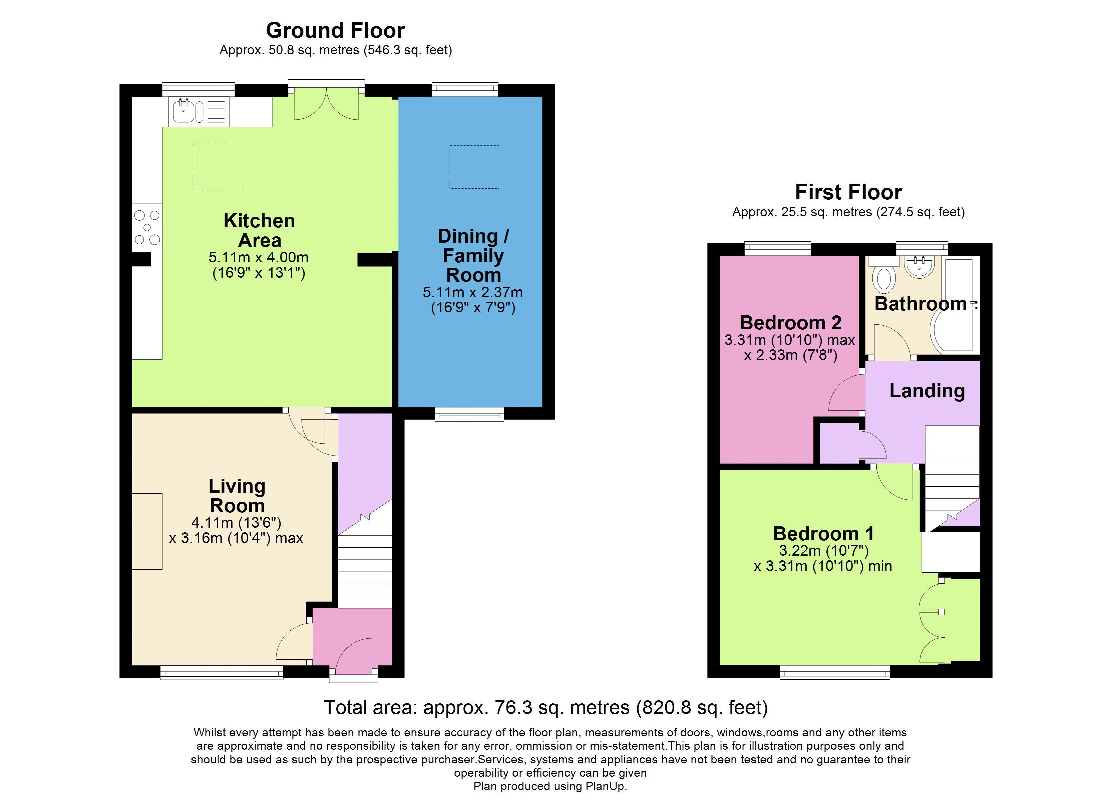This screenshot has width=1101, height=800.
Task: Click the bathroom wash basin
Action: point(920,266)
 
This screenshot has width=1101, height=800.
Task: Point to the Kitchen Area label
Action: point(259,230)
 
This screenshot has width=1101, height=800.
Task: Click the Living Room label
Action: point(237,495)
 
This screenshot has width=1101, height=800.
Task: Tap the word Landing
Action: point(927,391)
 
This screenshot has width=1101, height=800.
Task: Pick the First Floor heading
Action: point(848,192)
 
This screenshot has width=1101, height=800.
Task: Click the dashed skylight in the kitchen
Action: point(220,167)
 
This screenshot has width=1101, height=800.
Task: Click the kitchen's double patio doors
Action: point(327,103)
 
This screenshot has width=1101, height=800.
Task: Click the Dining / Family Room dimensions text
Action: point(472,300)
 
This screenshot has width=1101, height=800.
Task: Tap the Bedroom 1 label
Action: point(823,534)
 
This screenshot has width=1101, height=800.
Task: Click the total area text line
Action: point(545,708)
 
